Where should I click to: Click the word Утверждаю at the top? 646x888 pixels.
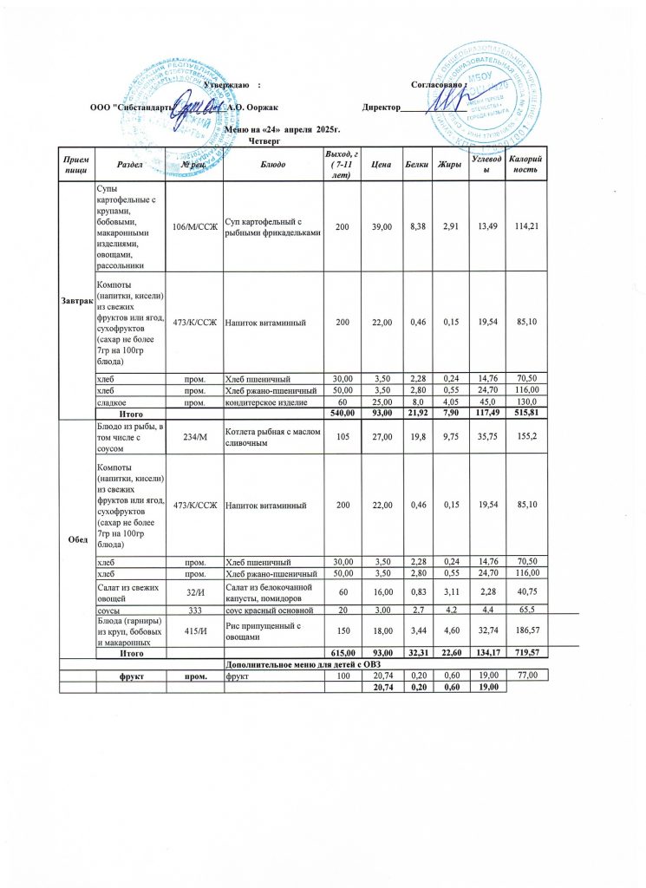point(227,83)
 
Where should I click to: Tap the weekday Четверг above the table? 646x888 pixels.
point(265,140)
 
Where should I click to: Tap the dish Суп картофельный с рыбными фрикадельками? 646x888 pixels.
point(272,227)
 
